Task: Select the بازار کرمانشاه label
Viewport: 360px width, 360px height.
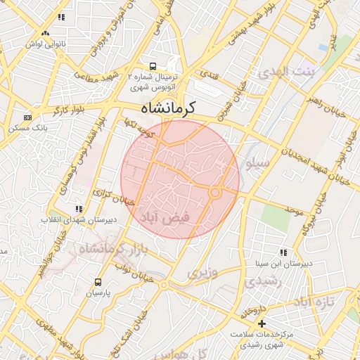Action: [112, 247]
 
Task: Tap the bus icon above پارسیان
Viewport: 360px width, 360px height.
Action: [98, 282]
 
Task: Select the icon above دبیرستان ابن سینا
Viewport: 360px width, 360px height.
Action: [283, 252]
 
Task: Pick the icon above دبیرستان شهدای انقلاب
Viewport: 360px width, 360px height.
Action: [79, 209]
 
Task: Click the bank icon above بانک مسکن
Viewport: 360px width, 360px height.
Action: [27, 117]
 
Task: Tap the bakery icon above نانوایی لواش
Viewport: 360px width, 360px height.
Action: [45, 32]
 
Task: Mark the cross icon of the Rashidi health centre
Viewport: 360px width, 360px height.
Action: [262, 323]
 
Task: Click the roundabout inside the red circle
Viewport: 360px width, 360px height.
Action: [216, 192]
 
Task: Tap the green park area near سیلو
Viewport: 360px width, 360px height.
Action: [276, 218]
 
